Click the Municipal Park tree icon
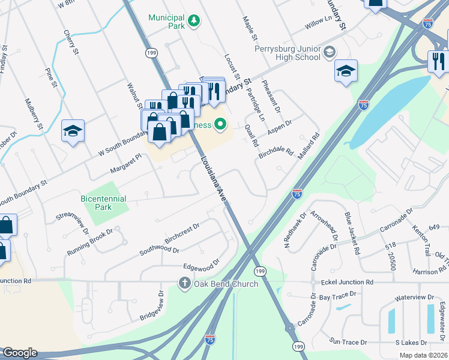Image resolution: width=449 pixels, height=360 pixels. click(193, 22)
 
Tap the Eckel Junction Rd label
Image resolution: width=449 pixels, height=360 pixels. click(346, 281)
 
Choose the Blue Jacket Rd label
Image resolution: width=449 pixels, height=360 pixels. click(351, 233)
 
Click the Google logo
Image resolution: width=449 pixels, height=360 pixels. click(19, 353)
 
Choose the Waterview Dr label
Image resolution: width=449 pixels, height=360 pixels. click(414, 298)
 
